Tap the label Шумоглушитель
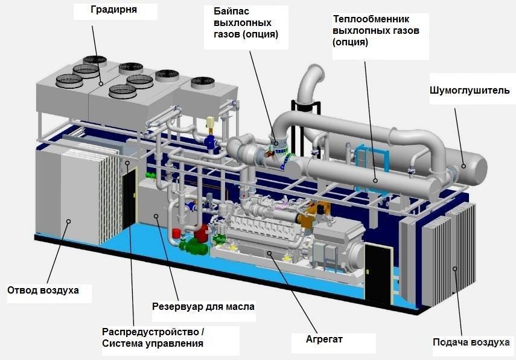coord(470,91)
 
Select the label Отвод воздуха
coord(43,291)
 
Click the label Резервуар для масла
coord(203,307)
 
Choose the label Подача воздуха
coord(471,342)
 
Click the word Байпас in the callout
coord(231,12)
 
